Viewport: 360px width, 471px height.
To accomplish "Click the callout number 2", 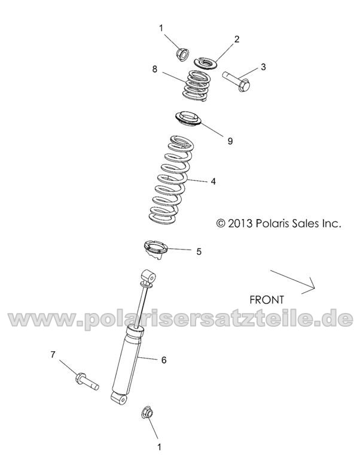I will tap(237, 39).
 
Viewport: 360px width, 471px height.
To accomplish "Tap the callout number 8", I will tap(154, 69).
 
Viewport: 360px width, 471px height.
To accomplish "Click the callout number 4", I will tap(212, 179).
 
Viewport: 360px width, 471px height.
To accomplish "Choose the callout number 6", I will tap(163, 360).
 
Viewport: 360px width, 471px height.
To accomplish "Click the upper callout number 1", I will tap(160, 28).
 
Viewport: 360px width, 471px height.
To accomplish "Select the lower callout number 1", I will tap(158, 446).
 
